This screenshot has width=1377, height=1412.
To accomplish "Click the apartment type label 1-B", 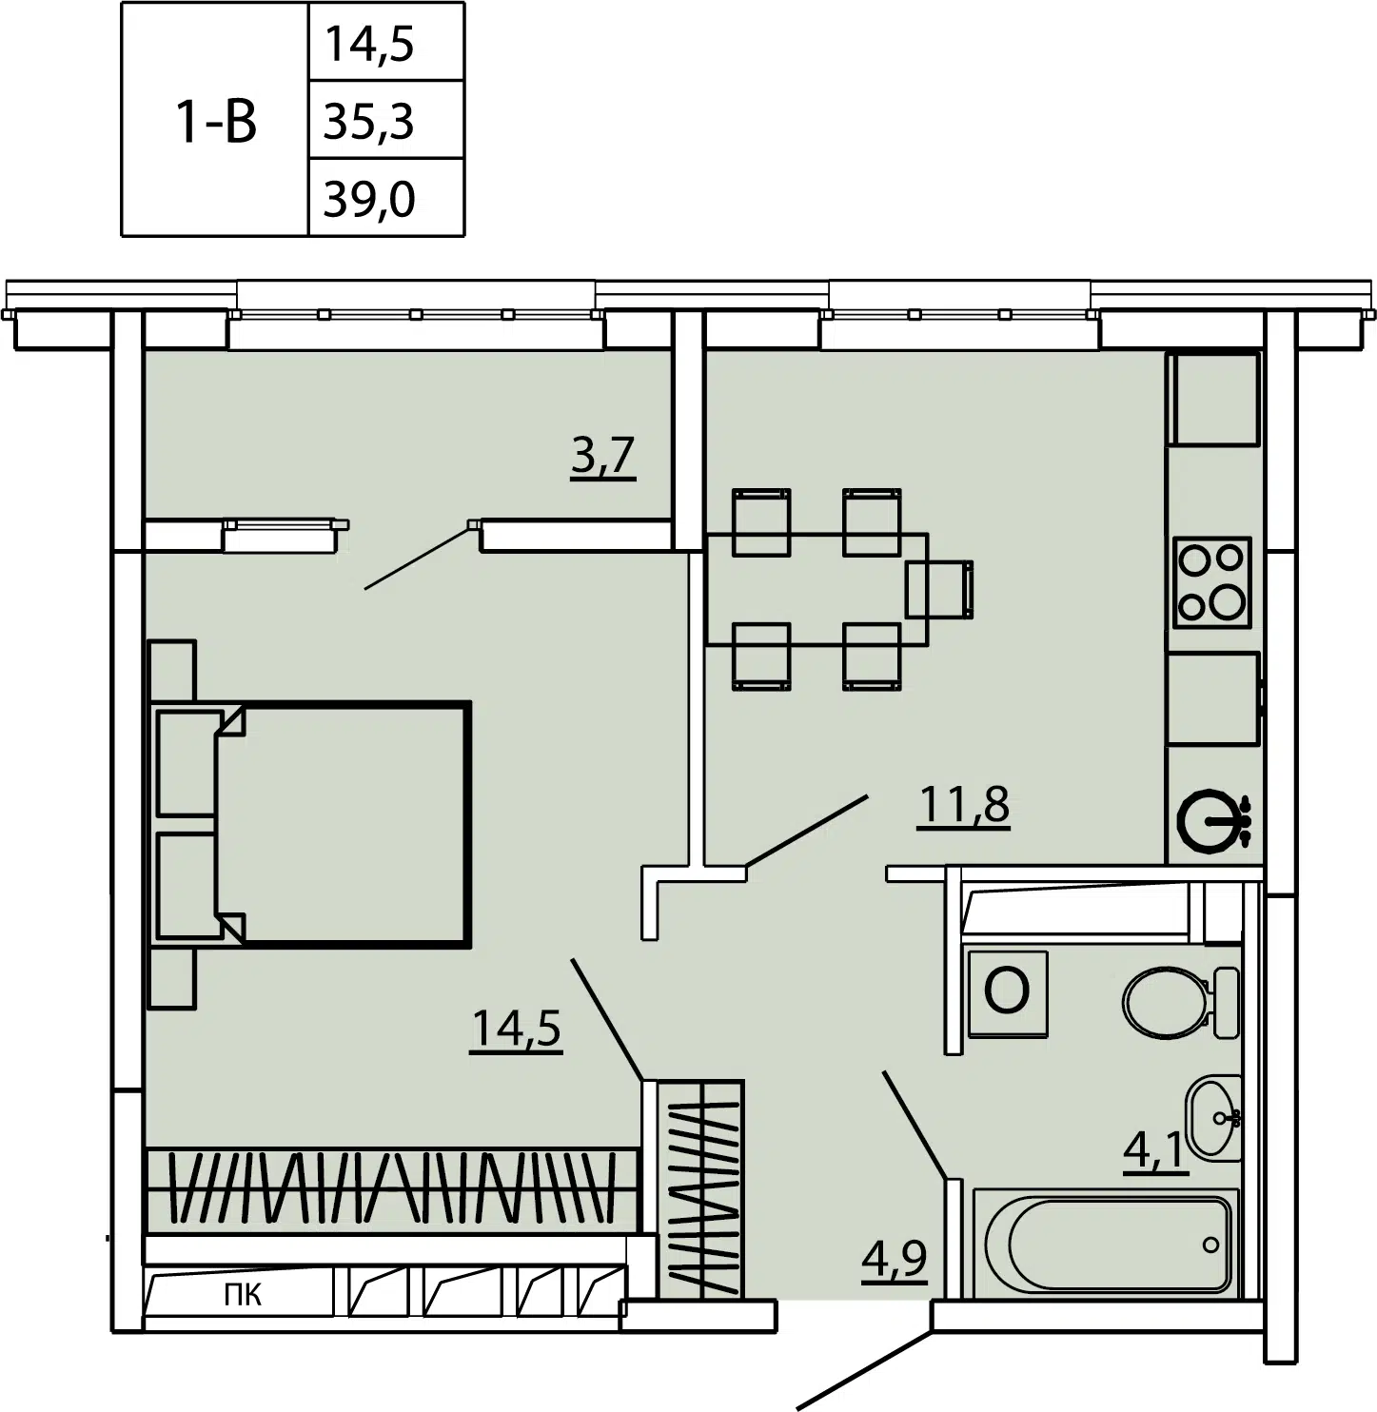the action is tap(216, 122).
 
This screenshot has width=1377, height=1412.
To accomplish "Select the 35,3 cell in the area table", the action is tap(368, 121).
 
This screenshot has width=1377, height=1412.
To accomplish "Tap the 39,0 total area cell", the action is tap(368, 199).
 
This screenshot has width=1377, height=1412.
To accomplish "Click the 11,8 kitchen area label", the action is tap(963, 806).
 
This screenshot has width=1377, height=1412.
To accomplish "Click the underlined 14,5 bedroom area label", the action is tap(516, 1029).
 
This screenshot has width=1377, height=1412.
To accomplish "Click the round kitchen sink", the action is tap(1213, 820).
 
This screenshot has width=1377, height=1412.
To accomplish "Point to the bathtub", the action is tap(1106, 1245).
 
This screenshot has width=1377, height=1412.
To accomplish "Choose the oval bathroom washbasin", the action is tap(1213, 1118).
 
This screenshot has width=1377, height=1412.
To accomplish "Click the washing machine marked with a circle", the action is tap(1008, 993).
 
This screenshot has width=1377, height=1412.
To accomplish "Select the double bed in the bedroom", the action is tap(310, 824).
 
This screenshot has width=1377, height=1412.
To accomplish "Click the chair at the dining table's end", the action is tap(939, 589).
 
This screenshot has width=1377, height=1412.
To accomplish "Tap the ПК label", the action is tap(243, 1294).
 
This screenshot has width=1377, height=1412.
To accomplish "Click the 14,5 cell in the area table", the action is tap(368, 44).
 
